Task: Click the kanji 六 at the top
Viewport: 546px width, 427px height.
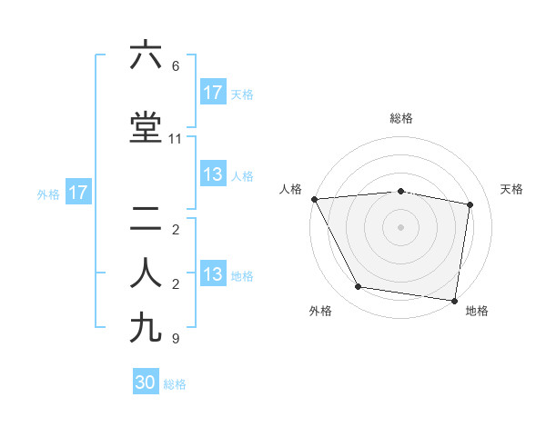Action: click(x=146, y=55)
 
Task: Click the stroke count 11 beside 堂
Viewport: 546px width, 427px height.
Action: click(x=176, y=139)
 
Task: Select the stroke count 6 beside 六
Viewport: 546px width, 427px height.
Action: click(x=176, y=66)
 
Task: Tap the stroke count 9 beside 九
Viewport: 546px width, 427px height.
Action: click(x=176, y=339)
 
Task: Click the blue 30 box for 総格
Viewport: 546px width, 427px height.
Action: click(x=146, y=382)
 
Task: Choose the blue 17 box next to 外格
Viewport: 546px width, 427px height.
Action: click(x=77, y=193)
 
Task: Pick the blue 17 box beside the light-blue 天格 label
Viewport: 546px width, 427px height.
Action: click(x=213, y=93)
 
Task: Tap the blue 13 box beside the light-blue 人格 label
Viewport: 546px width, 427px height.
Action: click(x=213, y=174)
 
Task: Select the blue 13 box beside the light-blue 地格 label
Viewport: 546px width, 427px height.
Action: click(x=213, y=274)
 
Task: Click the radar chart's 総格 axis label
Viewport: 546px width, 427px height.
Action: click(x=401, y=118)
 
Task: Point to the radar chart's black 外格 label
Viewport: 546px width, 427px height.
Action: click(x=320, y=311)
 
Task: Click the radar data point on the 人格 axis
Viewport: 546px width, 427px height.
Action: click(x=314, y=199)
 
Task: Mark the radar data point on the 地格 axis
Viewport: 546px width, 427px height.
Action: click(x=454, y=300)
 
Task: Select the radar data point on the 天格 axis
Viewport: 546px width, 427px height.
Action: click(x=470, y=204)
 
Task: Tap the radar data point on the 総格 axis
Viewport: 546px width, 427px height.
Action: click(x=401, y=191)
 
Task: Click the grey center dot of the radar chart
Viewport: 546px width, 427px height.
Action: click(x=401, y=227)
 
